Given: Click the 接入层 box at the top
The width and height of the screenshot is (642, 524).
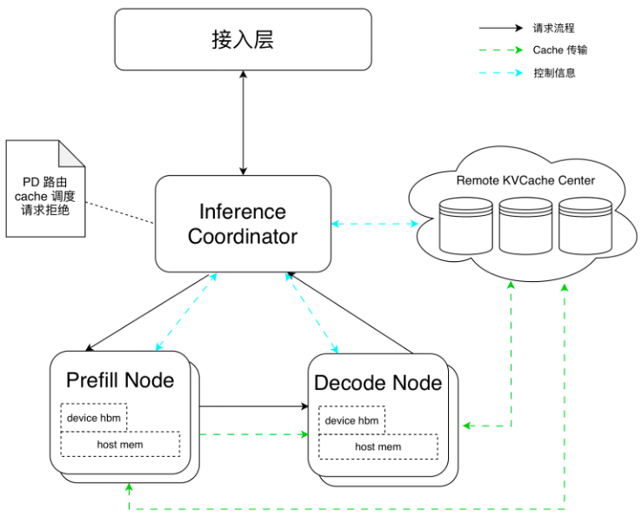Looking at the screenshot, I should click(243, 39).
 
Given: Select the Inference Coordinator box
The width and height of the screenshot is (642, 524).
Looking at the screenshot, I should click(243, 224).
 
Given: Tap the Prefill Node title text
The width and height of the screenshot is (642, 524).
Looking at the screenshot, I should click(120, 380).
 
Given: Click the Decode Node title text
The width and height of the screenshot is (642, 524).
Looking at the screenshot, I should click(378, 383).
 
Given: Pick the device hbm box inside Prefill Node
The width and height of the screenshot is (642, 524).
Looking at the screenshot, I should click(94, 418).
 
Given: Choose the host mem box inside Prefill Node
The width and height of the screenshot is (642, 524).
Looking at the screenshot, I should click(120, 445).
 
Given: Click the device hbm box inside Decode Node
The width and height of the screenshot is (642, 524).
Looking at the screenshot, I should click(351, 421).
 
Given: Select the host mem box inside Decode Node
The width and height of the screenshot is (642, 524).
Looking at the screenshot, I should click(378, 447).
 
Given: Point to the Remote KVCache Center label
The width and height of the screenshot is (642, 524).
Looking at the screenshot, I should click(525, 180).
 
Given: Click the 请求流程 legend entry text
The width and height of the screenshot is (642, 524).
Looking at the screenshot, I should click(554, 28).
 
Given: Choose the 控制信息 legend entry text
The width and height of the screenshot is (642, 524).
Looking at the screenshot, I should click(554, 73).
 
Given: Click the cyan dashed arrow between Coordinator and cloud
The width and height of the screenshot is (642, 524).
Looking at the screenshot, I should click(374, 224).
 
